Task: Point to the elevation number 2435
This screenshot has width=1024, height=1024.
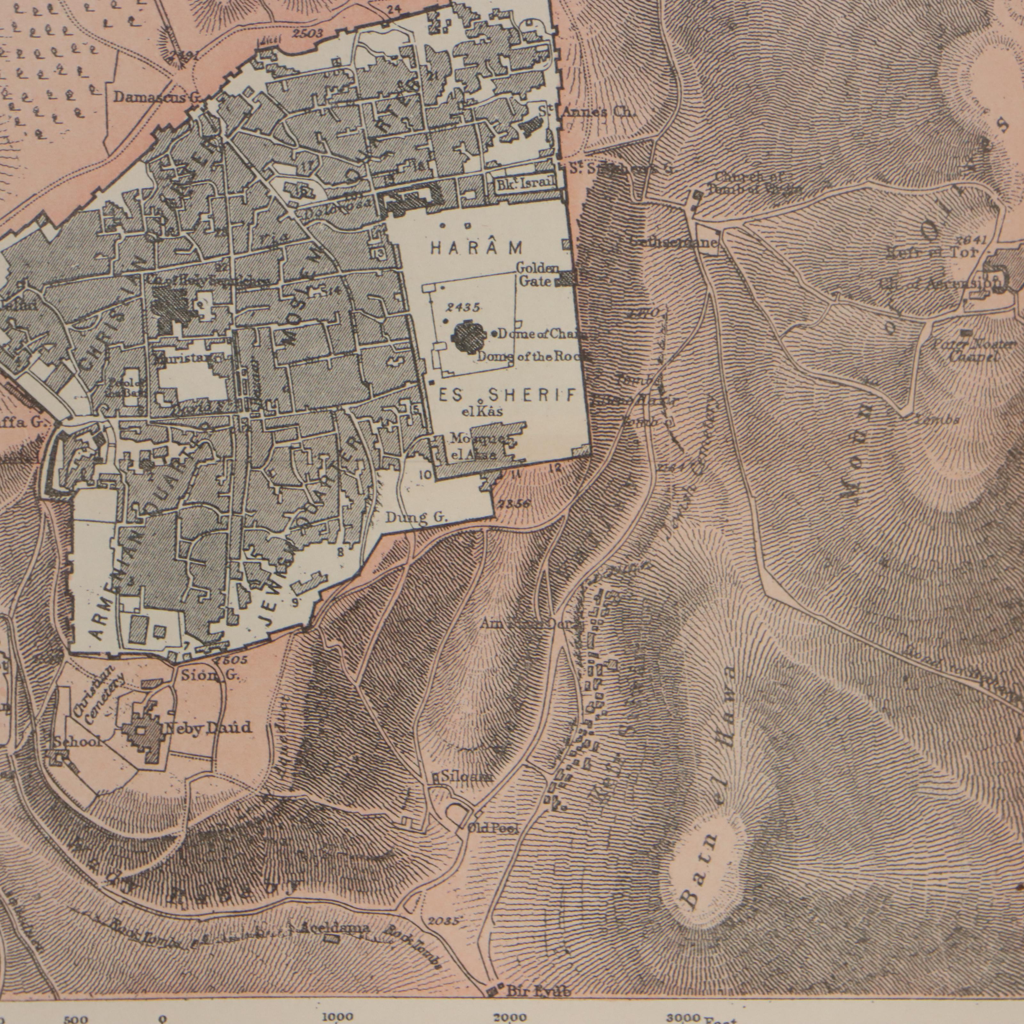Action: coord(463,308)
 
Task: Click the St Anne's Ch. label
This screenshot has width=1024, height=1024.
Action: coord(587,112)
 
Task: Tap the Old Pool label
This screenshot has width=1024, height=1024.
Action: coord(493,828)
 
